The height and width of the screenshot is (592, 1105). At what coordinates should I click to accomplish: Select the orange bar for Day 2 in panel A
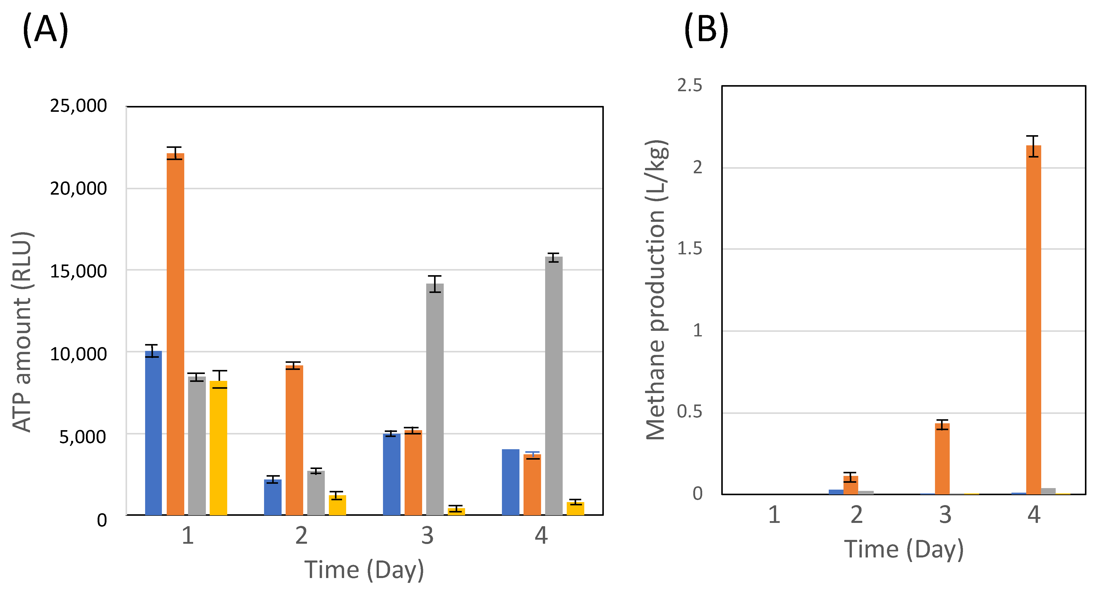pos(294,440)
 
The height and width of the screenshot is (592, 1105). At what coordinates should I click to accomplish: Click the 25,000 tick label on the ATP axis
pos(79,105)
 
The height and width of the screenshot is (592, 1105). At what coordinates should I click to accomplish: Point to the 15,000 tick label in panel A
pos(79,271)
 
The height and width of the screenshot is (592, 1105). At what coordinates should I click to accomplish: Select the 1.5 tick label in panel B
pos(689,248)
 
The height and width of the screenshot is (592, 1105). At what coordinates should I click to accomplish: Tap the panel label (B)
pos(706,29)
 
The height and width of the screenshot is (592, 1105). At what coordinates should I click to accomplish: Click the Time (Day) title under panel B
pos(903,550)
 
